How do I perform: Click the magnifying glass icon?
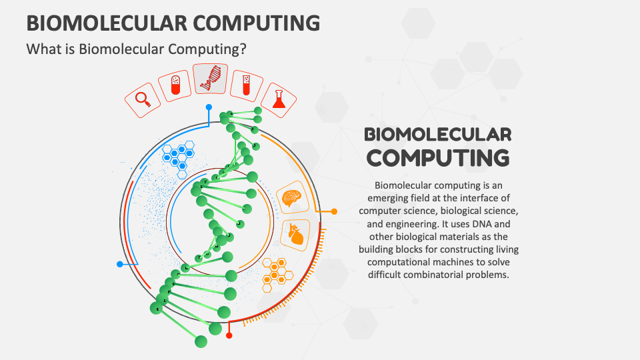tap(142, 99)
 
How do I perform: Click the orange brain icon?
tap(292, 197)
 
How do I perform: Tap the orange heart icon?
tap(295, 235)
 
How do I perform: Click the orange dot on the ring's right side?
tap(334, 211)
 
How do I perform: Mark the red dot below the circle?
tap(229, 335)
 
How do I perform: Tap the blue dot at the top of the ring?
tap(209, 107)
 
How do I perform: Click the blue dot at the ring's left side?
tap(120, 264)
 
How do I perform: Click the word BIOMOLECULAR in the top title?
tap(97, 23)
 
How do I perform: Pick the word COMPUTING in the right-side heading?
tap(439, 158)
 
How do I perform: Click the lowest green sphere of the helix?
tap(201, 341)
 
